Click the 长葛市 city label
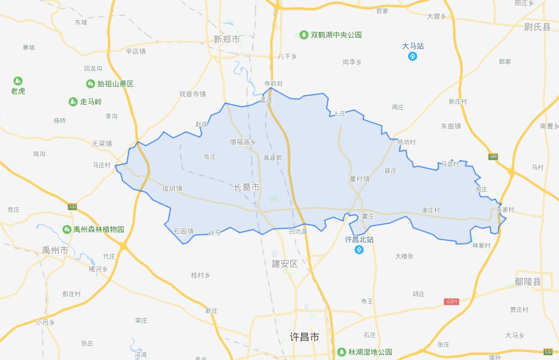pos(247,187)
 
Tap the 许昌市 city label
pos(304,337)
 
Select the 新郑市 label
pos(226,39)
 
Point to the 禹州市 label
pos(55,250)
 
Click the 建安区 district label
pos(284,264)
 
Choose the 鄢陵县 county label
pos(527,282)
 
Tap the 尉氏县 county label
pos(536,27)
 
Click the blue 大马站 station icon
pos(413,56)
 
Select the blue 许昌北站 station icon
pos(359,250)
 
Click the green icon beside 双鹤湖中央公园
pos(304,35)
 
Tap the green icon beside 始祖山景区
pos(90,84)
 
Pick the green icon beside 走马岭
pos(73,102)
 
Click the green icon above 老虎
pos(18,81)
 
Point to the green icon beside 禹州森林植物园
pos(66,229)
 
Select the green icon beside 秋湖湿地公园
pos(341,352)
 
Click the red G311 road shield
pos(451,301)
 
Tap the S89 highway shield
pos(493,156)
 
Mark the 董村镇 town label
pos(359,179)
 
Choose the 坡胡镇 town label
pos(172,188)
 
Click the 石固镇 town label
pos(184,231)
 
